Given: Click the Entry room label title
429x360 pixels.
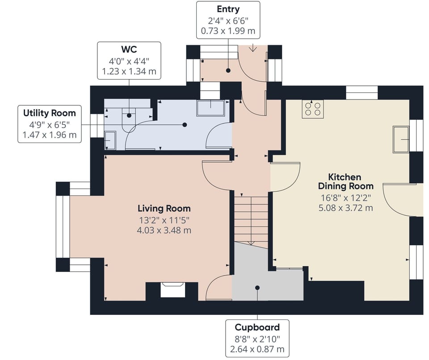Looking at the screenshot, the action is coord(228,9).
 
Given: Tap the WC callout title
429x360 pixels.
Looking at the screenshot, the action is coord(129,50).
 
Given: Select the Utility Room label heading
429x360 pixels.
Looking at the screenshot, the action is coord(50,113).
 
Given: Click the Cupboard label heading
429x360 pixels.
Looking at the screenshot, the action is coord(257,327).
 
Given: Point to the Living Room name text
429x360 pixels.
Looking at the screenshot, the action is coord(164,209).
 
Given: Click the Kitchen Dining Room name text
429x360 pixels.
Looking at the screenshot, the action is coord(345,182).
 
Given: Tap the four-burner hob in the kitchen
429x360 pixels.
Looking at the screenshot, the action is coord(313,109).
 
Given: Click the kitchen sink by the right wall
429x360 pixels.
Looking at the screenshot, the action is coord(401,139).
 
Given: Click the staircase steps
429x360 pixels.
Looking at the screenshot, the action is coord(251,218).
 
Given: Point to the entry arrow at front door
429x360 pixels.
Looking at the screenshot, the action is coord(253,48).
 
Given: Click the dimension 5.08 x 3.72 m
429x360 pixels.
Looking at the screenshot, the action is coord(345,208).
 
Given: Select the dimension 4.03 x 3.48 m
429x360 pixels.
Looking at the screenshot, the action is coord(164,230).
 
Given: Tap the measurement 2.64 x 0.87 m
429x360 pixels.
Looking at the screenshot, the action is coord(257,349).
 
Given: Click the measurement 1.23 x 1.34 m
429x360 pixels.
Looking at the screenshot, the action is coord(129,71).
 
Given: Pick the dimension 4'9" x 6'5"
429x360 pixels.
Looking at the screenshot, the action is coord(50,125).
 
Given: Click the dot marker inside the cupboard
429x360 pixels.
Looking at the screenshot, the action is coord(257,288).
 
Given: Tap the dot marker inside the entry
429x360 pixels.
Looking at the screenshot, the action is coord(228,70).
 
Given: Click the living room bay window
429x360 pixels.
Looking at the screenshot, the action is coord(63,226).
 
